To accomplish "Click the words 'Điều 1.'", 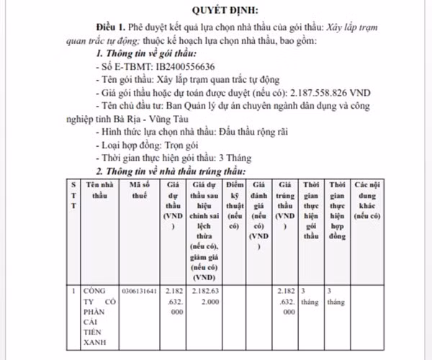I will [x=114, y=27].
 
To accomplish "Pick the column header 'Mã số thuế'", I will [x=139, y=190].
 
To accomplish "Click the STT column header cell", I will [x=73, y=195].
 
